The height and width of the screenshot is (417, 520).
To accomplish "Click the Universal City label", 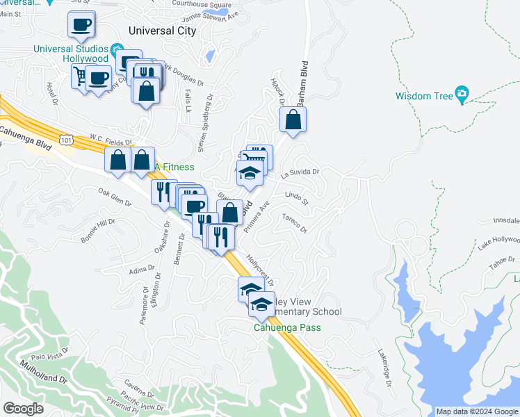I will pos(163,31).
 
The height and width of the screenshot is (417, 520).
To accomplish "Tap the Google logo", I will pos(24,409).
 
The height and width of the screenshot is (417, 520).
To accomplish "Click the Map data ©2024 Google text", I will pos(476,411).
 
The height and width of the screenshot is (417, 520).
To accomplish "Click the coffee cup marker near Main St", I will pos(81,26).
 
